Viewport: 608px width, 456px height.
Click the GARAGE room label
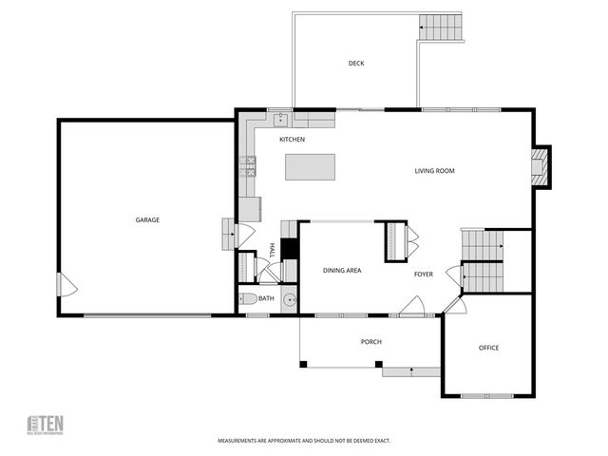[146, 220]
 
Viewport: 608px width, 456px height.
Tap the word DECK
[355, 64]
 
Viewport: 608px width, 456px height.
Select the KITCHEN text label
[292, 140]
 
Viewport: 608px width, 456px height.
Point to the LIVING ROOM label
[434, 171]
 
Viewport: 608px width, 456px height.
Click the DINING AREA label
[341, 271]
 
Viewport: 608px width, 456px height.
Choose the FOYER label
[423, 275]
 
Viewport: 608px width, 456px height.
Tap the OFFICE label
[488, 348]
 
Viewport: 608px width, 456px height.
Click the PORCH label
[370, 342]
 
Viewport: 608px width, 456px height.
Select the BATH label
[266, 299]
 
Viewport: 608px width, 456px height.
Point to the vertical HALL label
[272, 251]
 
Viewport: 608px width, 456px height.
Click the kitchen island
[311, 167]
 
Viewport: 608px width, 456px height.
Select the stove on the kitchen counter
[248, 167]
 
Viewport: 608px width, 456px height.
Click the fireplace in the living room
[540, 166]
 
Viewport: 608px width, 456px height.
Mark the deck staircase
[441, 27]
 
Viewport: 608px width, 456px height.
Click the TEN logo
[45, 425]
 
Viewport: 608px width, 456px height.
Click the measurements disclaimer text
[303, 441]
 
